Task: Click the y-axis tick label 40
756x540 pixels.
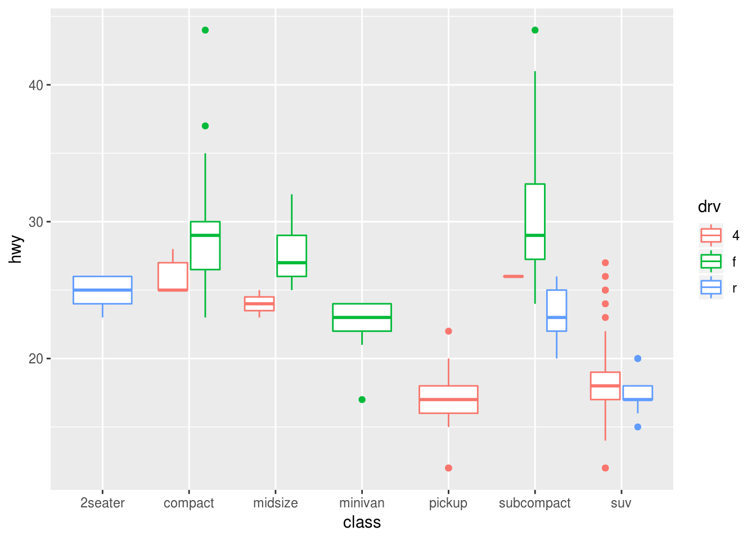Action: (x=36, y=85)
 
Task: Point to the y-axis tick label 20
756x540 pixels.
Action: (x=36, y=359)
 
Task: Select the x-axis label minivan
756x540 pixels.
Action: (x=362, y=503)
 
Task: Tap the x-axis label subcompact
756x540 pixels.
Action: (x=534, y=503)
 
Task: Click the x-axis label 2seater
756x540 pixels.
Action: (x=102, y=503)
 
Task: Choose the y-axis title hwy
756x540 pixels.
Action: (x=16, y=249)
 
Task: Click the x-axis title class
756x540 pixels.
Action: (x=362, y=523)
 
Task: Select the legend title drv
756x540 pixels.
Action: (x=709, y=207)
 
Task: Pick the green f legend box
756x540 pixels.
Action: (x=711, y=262)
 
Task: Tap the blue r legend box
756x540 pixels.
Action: (x=711, y=288)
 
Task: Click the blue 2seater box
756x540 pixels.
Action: (x=102, y=290)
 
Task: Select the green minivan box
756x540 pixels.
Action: (x=362, y=317)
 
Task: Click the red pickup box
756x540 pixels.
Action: (x=448, y=399)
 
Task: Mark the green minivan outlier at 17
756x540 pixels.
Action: (x=362, y=399)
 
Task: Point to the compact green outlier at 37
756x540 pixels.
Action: (x=205, y=126)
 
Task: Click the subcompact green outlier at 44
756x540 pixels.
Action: (x=535, y=30)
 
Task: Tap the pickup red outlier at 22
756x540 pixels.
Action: (x=448, y=331)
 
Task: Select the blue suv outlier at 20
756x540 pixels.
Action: (x=637, y=359)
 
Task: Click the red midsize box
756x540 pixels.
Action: (x=259, y=304)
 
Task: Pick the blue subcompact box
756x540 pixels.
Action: (x=556, y=310)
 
